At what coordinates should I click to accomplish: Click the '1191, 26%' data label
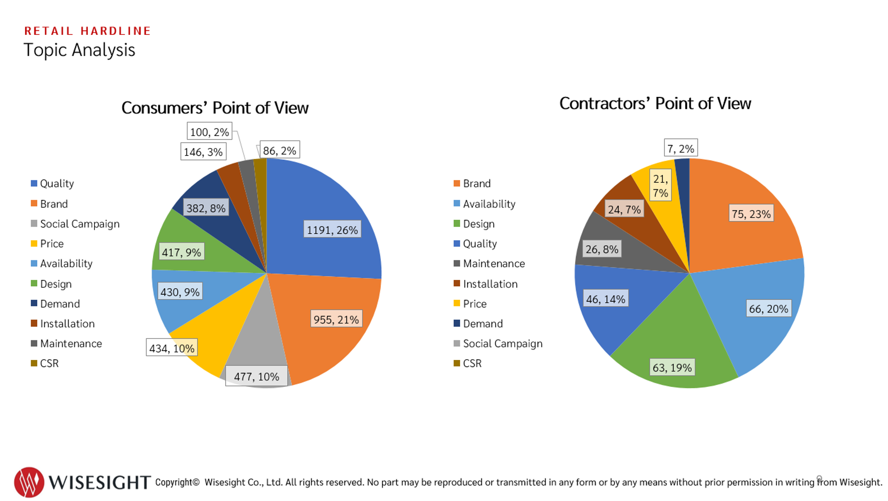[332, 230]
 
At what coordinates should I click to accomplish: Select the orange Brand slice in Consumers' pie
[326, 345]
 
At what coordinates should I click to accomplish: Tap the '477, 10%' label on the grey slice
[256, 376]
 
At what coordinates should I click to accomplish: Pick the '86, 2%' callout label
[279, 150]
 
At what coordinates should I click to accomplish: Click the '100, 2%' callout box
[209, 132]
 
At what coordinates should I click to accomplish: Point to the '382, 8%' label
[206, 208]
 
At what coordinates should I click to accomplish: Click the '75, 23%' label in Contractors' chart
[751, 214]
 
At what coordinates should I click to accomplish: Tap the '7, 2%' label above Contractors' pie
[680, 149]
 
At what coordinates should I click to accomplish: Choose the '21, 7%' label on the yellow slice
[660, 186]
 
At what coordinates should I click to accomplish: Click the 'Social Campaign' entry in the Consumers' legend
[79, 224]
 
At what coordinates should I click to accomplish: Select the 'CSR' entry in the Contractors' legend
[472, 363]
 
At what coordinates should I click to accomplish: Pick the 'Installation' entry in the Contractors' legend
[489, 284]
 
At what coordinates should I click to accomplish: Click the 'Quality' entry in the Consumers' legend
[56, 183]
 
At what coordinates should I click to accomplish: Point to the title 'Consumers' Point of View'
[214, 108]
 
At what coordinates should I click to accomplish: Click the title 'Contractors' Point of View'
[654, 103]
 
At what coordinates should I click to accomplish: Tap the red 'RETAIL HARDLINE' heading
[87, 31]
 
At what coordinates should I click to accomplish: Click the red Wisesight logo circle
[29, 482]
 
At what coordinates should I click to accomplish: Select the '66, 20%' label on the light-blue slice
[768, 309]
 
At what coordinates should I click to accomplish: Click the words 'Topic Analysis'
[79, 50]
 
